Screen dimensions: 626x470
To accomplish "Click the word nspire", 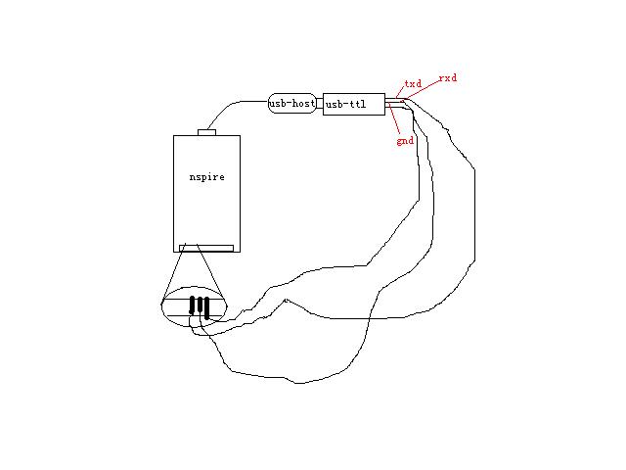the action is pos(206,177).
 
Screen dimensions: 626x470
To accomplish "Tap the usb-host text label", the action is pos(292,104).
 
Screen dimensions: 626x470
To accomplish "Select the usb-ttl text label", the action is pos(345,105).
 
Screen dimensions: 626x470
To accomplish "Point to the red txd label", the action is pos(413,83).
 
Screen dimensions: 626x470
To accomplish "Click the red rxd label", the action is pos(448,78).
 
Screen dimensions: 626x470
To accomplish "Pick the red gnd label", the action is pos(405,141).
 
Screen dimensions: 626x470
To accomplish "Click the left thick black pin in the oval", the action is pos(192,305).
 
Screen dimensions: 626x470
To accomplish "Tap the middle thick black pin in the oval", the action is pos(200,305).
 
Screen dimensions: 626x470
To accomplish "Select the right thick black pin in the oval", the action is pos(206,308).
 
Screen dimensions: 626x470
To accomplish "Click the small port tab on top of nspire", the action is pos(206,132).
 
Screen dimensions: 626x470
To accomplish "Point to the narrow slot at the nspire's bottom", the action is pos(206,248).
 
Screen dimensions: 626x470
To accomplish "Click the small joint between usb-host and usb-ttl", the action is pos(320,104).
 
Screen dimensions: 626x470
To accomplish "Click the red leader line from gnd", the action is pos(394,119).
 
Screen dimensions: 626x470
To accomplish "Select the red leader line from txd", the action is pos(400,92).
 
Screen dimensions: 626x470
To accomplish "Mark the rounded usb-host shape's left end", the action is pos(268,104).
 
